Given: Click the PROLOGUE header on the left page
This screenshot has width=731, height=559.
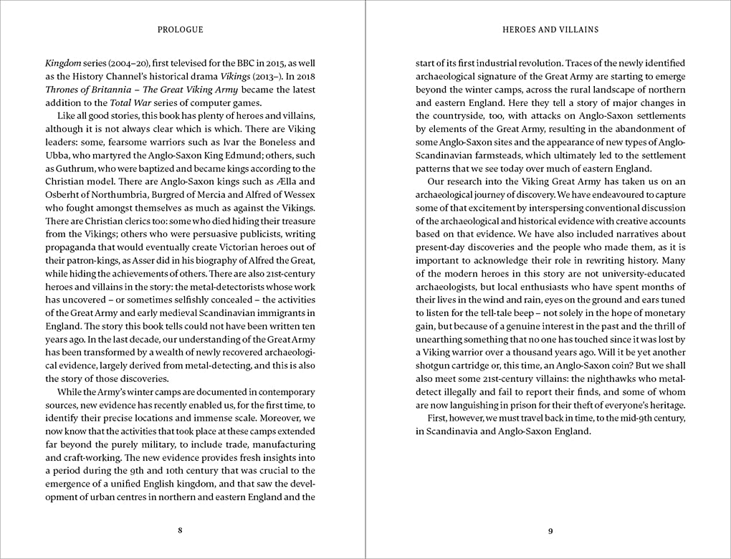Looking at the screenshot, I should coord(180,29).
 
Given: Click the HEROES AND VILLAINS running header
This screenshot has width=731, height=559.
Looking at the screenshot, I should coord(550,29).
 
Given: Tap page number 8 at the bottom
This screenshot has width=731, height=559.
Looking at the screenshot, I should coord(180,530).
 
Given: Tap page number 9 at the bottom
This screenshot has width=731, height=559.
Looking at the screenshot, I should coord(550,530).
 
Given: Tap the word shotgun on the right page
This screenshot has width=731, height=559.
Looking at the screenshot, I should coord(436,365).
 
